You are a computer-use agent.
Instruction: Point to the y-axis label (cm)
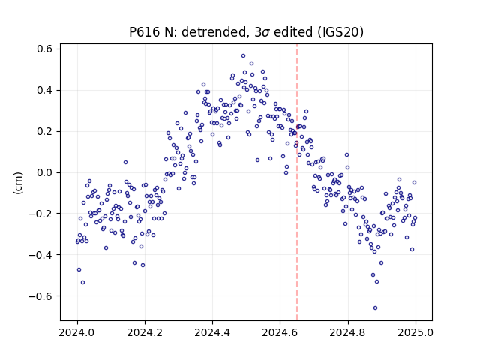pos(18,183)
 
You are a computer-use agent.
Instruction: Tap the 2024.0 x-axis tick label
pos(77,332)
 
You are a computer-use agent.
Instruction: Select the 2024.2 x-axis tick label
pos(145,332)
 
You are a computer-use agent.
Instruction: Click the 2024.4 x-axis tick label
pos(212,332)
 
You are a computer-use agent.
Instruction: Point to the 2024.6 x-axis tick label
pos(280,332)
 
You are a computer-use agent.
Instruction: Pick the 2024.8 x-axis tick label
pos(348,332)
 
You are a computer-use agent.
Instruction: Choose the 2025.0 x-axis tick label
pos(415,332)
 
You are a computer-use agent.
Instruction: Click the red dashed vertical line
pos(297,182)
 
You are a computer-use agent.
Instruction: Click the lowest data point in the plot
pos(375,308)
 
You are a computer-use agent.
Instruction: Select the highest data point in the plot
pos(243,56)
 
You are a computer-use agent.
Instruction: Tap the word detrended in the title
pos(215,32)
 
